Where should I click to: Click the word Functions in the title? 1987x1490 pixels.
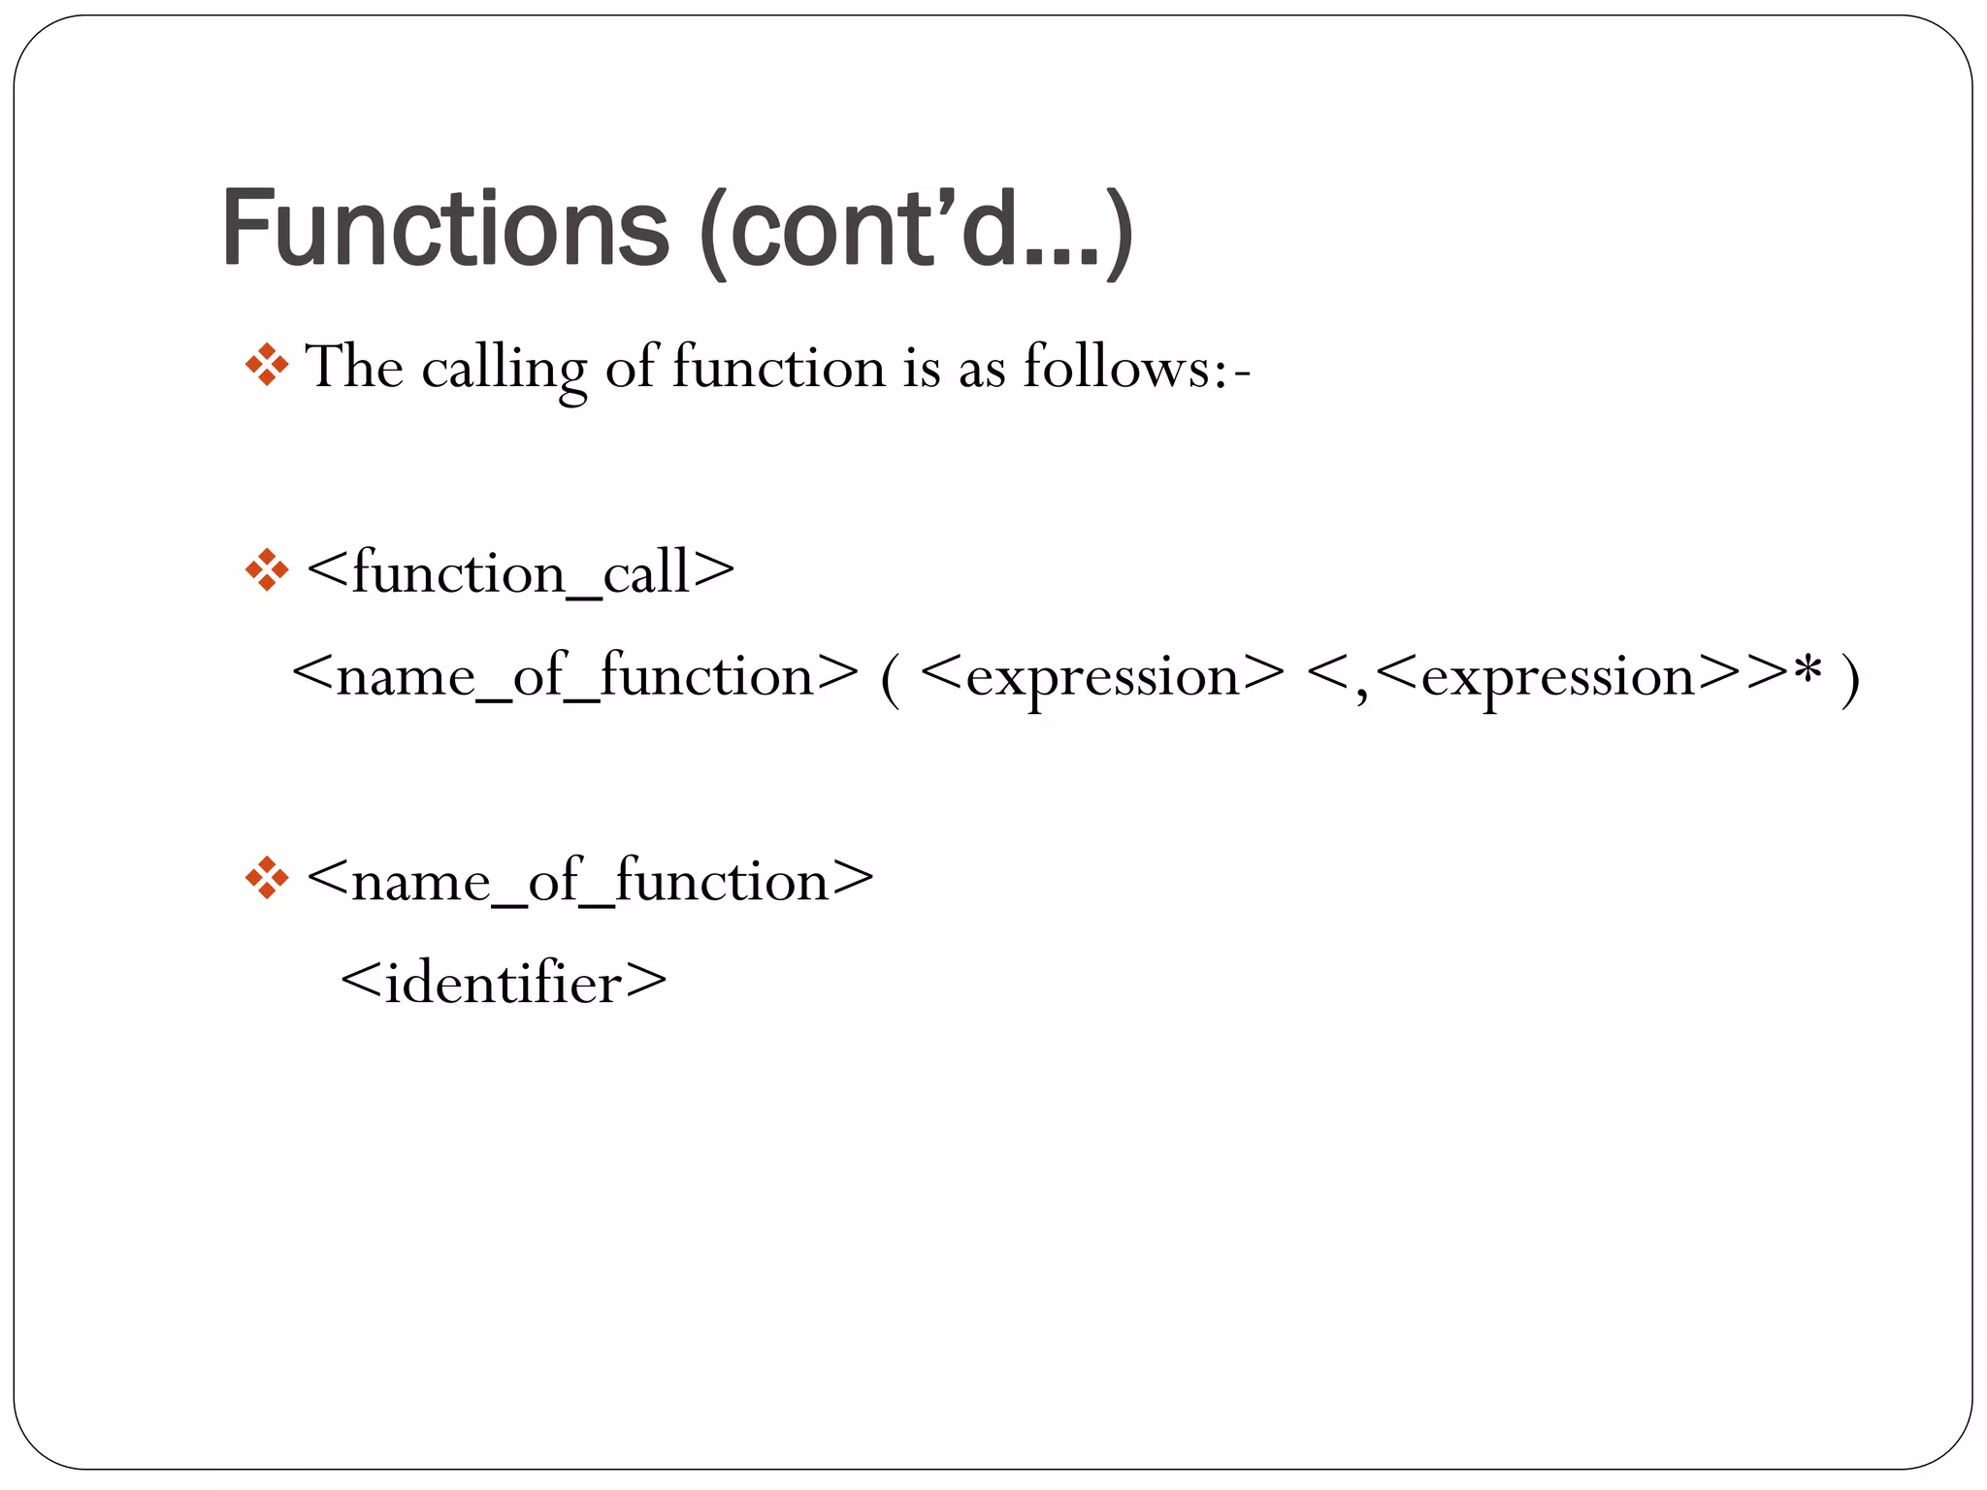pyautogui.click(x=445, y=229)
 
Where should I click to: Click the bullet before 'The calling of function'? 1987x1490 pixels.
pyautogui.click(x=266, y=366)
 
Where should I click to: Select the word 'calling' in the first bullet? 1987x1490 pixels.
pyautogui.click(x=504, y=370)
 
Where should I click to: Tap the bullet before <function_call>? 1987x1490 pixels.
pyautogui.click(x=266, y=570)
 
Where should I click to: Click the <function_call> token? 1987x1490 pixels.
pyautogui.click(x=521, y=572)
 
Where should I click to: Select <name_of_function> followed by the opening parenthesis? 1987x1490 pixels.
pyautogui.click(x=575, y=675)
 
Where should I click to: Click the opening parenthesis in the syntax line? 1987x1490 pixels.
pyautogui.click(x=889, y=679)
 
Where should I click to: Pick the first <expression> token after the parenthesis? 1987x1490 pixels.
pyautogui.click(x=1102, y=677)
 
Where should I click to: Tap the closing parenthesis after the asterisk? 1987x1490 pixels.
pyautogui.click(x=1850, y=679)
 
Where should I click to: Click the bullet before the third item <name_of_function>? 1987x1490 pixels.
pyautogui.click(x=266, y=879)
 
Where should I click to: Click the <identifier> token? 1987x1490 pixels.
pyautogui.click(x=505, y=984)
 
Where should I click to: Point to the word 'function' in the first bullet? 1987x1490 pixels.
pyautogui.click(x=779, y=368)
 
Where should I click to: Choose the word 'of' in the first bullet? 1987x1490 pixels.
pyautogui.click(x=633, y=368)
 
